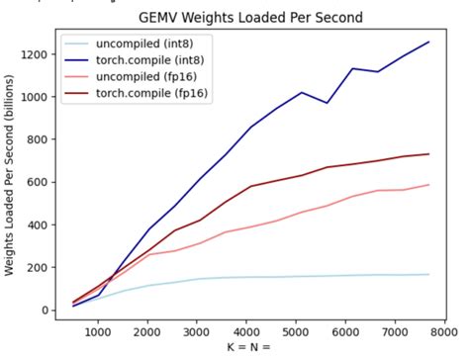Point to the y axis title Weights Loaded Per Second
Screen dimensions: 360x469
pos(11,175)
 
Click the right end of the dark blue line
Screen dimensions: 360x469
pos(428,42)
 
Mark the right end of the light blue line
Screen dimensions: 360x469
pos(428,275)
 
